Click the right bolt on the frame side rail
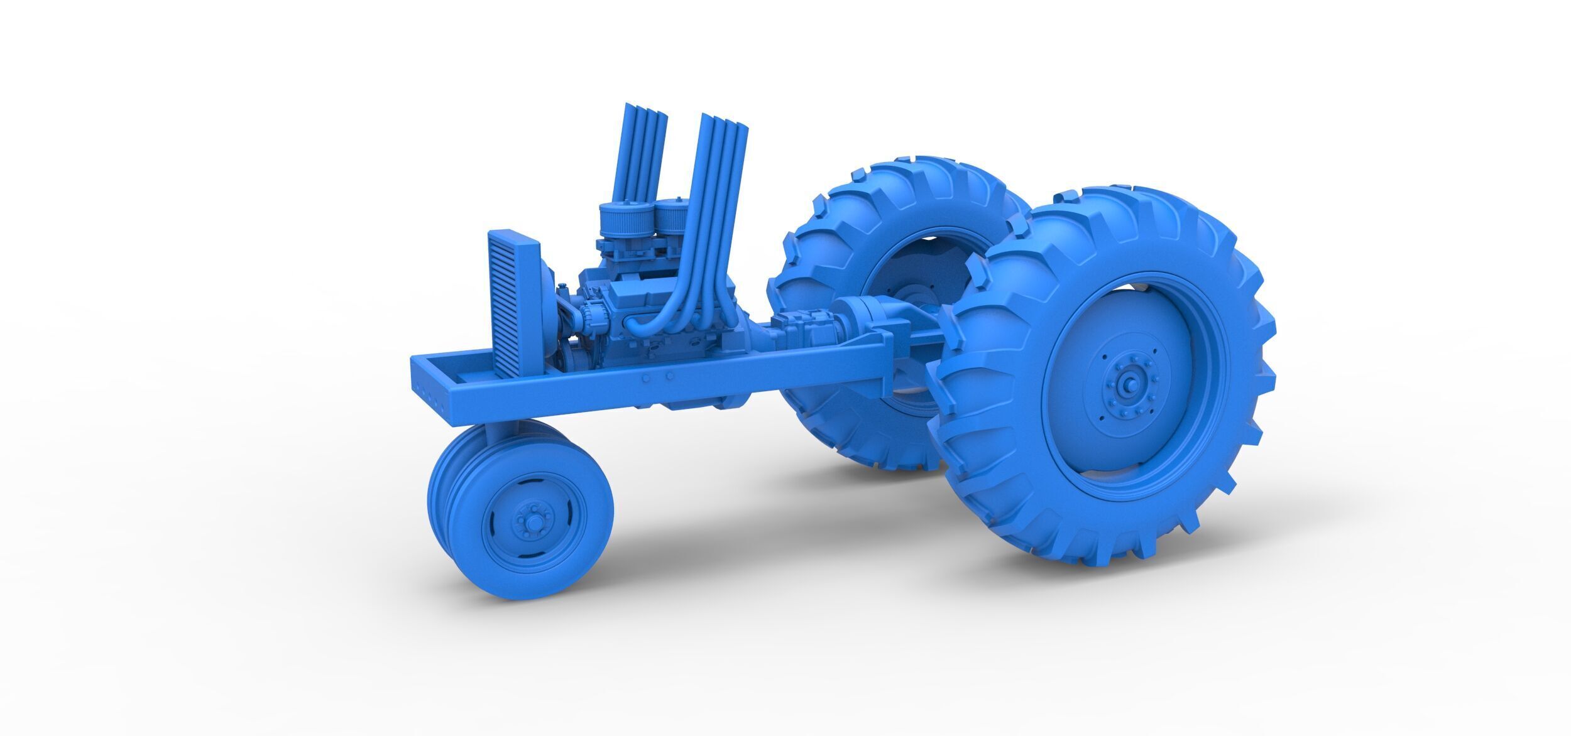point(670,376)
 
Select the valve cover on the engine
point(635,291)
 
